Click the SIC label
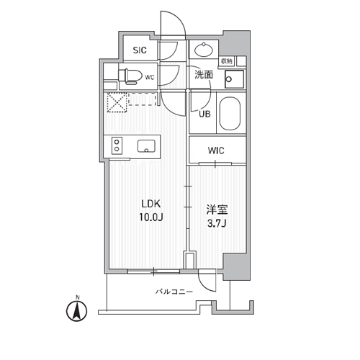pos(140,50)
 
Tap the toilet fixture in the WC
pos(130,76)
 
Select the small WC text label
pos(150,77)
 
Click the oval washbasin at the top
pos(204,50)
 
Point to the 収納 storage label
pos(227,61)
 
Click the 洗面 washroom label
pos(204,75)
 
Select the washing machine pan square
pos(234,79)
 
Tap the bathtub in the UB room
pos(230,113)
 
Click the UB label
pos(204,114)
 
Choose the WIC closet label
pos(216,150)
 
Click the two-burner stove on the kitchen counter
pos(117,145)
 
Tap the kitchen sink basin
pos(146,146)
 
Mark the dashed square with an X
pos(117,102)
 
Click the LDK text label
pos(151,204)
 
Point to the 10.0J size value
pos(151,217)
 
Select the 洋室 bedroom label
pos(217,210)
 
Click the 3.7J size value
pos(217,224)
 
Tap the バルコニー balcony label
pos(174,292)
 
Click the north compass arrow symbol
pos(77,311)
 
